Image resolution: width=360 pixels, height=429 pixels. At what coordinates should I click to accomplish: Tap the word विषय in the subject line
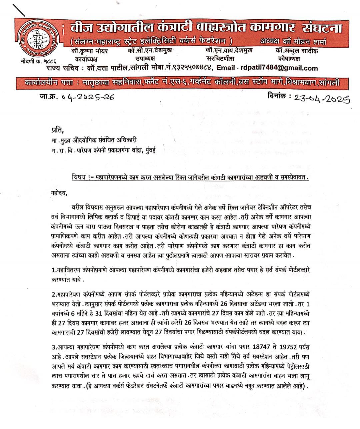79,177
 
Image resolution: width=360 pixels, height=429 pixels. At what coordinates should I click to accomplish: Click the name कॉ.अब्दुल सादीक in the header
297,51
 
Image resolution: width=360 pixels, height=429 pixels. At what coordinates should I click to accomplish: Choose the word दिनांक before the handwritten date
277,96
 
